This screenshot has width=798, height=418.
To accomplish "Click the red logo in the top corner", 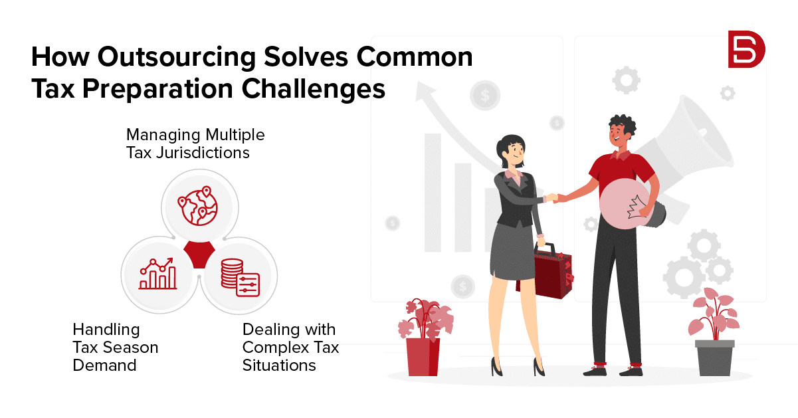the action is point(746,49).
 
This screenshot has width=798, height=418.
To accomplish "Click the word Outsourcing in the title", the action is point(177,57).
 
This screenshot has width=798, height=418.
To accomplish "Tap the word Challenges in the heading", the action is point(314,89).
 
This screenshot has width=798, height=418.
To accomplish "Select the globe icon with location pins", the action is point(198,206).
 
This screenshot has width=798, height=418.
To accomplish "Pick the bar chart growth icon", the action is point(158,273).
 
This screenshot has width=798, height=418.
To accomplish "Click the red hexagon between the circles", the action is point(199,255).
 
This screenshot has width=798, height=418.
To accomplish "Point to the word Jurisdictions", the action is point(203,154).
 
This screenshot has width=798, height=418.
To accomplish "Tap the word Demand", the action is point(104,366).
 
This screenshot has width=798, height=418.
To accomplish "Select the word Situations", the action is point(279,366).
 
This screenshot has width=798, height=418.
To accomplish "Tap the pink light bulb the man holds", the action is point(627,204).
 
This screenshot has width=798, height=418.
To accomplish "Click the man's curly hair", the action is point(623,125).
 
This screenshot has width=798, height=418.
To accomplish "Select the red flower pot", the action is point(423,357).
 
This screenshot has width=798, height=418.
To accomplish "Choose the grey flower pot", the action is point(715,358).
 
